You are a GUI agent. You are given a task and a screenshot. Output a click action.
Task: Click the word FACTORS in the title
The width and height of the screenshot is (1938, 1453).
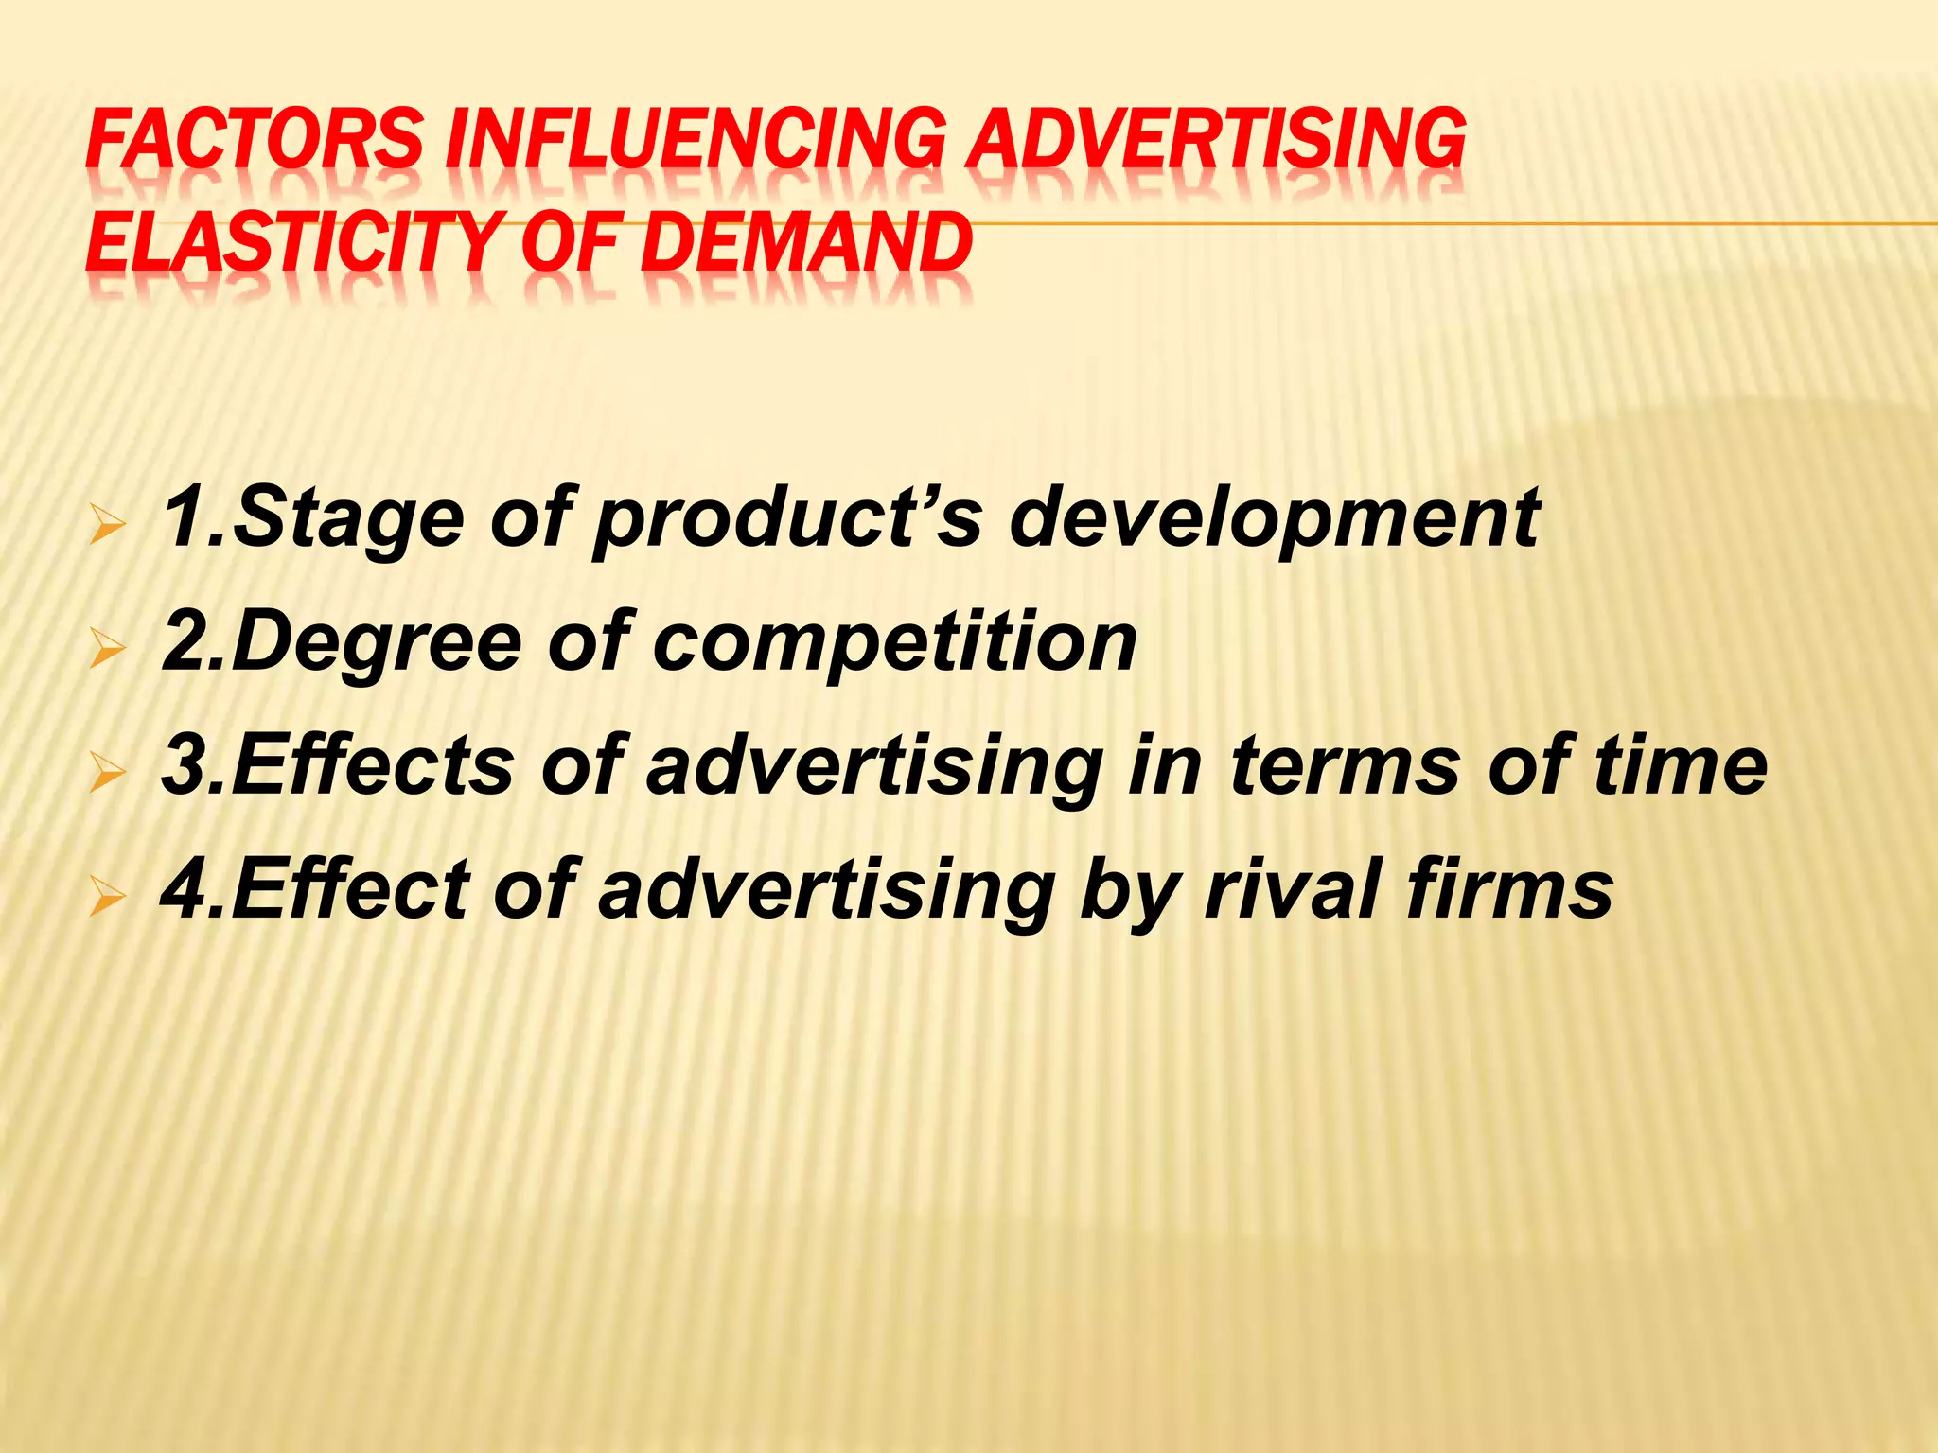coord(254,139)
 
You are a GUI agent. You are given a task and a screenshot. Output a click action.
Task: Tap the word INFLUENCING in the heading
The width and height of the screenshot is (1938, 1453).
coord(695,139)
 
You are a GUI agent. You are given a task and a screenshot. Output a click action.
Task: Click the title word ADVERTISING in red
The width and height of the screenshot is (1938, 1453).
coord(1217,139)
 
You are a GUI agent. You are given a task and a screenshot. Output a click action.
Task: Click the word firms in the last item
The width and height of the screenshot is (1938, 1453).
coord(1509,889)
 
